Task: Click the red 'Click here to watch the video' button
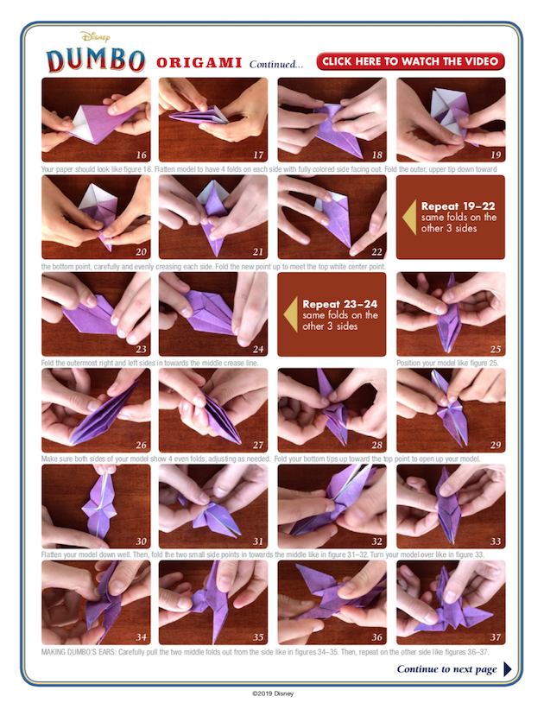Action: (x=410, y=61)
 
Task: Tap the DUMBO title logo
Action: (x=96, y=60)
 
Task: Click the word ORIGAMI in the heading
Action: (x=199, y=63)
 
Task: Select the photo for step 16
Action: (x=96, y=120)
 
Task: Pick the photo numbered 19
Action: (x=451, y=120)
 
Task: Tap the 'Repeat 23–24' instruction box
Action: (x=332, y=314)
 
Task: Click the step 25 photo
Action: (x=451, y=314)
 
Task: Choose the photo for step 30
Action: (x=96, y=507)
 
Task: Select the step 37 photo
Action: (x=451, y=604)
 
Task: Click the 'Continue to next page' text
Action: (x=446, y=669)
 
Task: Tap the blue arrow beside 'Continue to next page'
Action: (x=508, y=669)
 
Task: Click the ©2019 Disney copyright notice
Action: (x=272, y=693)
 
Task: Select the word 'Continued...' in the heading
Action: (x=276, y=64)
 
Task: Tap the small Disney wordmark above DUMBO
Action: (x=95, y=37)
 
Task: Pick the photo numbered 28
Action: (x=332, y=410)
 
